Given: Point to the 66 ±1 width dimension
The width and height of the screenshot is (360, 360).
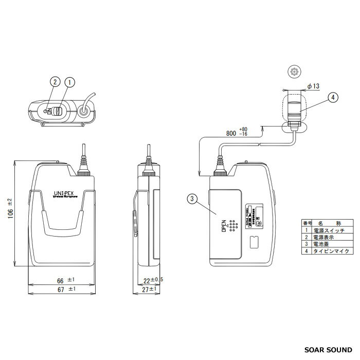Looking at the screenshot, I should pos(65,280).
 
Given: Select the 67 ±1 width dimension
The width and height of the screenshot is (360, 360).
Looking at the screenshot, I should pos(65,290).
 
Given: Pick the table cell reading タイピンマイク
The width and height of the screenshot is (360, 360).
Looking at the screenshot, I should pos(330,251).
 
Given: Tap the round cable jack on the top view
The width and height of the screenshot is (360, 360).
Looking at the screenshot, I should pos(84,110).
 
